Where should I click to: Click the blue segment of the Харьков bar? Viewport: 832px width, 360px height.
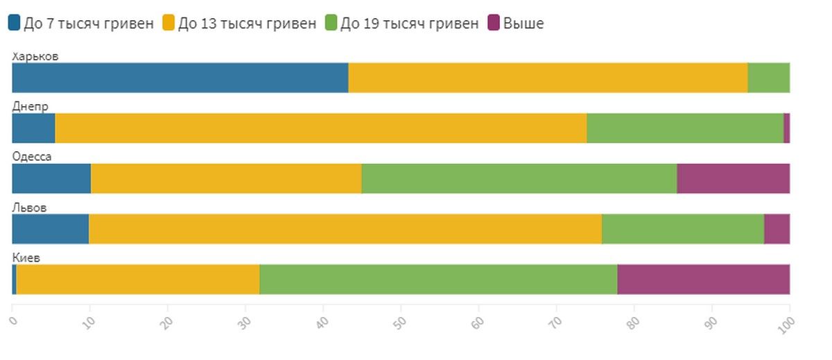(180, 78)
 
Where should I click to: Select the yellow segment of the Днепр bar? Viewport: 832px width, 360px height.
(320, 128)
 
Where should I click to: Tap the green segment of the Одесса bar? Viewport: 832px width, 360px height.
(519, 179)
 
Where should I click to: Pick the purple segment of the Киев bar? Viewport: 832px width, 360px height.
(703, 280)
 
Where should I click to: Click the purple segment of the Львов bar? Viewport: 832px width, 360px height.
(777, 229)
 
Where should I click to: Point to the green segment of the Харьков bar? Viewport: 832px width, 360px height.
(768, 78)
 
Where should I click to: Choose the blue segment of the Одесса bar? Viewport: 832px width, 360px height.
(51, 179)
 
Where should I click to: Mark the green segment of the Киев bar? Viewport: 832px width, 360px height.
(438, 280)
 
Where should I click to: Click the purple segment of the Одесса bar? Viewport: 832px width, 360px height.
(733, 179)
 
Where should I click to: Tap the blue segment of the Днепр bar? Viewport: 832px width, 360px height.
(33, 128)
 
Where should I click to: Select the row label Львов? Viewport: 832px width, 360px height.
(30, 207)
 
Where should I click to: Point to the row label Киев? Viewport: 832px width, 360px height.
(26, 258)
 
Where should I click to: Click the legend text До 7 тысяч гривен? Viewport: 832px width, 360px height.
(89, 24)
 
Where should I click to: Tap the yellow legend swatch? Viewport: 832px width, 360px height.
(168, 23)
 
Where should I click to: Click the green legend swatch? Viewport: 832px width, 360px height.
(331, 23)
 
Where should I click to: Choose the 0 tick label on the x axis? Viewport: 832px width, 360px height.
(12, 320)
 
